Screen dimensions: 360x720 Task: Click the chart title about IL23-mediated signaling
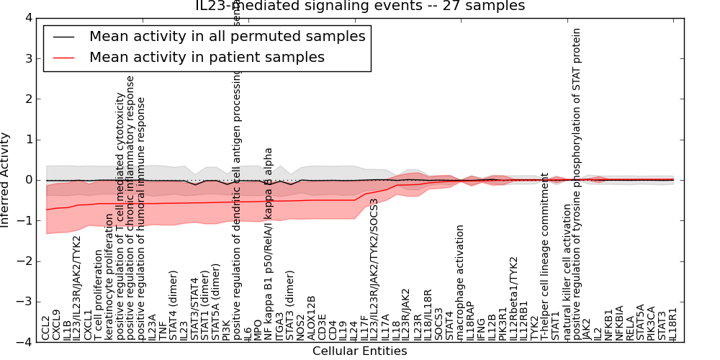pos(360,6)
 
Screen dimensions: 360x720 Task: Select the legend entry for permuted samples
pos(227,36)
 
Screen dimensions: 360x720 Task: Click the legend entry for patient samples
pos(207,57)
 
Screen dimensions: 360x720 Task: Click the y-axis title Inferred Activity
pos(6,180)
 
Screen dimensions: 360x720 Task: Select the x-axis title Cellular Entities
pos(359,351)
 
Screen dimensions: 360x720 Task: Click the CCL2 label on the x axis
pos(46,328)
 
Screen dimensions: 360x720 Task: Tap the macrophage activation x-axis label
pos(460,282)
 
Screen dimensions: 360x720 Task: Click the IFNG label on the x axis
pos(481,328)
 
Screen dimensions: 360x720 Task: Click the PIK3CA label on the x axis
pos(651,323)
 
